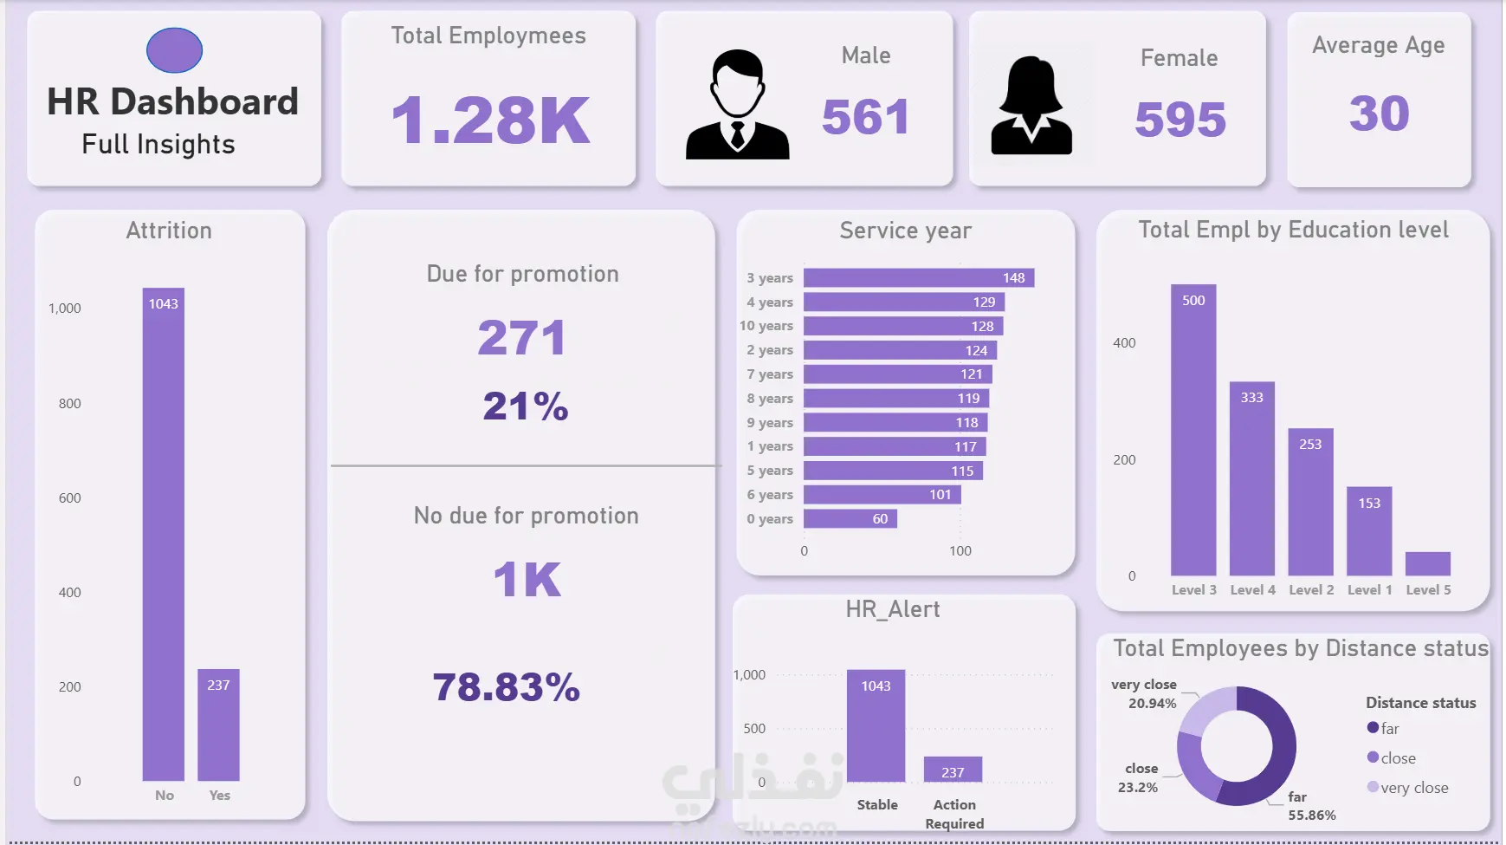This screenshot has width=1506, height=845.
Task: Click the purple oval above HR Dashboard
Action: point(174,50)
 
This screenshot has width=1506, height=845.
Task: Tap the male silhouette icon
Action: point(737,105)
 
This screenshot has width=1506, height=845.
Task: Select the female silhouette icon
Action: point(1031,106)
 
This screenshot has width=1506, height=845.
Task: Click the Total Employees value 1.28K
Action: point(490,120)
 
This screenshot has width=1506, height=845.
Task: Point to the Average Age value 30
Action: point(1379,114)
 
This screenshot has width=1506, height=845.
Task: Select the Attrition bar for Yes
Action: point(218,725)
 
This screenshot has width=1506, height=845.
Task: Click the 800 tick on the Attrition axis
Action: point(69,403)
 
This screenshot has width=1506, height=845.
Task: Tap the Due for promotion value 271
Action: point(522,337)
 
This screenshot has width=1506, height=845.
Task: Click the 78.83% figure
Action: point(507,687)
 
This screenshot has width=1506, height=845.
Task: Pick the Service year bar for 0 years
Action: point(850,518)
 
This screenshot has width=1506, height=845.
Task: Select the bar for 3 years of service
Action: point(918,277)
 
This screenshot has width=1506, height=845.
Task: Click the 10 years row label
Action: point(766,326)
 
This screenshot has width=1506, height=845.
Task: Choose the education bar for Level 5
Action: point(1427,563)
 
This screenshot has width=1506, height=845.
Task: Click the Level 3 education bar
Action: point(1193,430)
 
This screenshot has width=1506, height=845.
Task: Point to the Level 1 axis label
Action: point(1369,589)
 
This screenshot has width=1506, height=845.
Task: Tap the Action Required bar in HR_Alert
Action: point(953,770)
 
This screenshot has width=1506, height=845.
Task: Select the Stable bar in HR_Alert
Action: point(876,725)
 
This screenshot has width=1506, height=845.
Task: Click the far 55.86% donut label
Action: point(1310,806)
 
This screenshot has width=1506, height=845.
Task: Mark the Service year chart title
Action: point(905,231)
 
